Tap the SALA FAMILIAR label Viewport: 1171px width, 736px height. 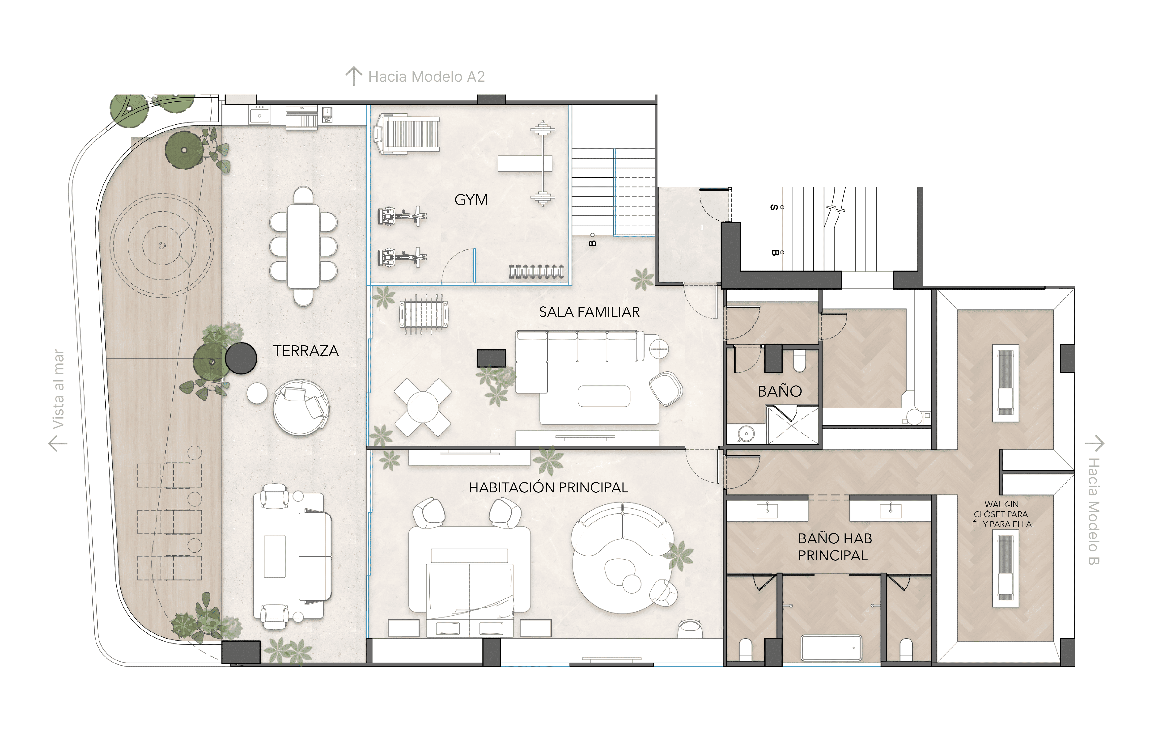[x=589, y=312]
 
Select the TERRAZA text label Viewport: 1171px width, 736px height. [x=305, y=351]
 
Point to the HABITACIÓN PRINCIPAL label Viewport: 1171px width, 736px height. [x=548, y=488]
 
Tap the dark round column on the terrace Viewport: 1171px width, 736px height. [x=241, y=358]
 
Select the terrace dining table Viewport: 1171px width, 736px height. [x=303, y=246]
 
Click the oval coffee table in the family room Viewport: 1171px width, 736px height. [x=603, y=396]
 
